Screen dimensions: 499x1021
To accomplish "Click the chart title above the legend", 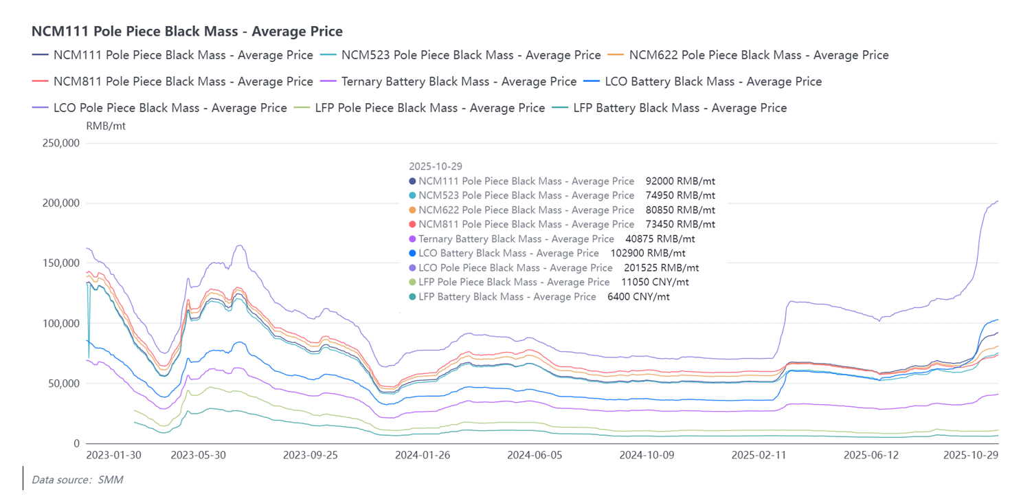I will (x=187, y=32).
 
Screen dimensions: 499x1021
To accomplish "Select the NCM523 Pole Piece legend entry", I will (x=471, y=55).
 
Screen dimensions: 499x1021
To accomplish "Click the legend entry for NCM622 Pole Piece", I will (x=759, y=55).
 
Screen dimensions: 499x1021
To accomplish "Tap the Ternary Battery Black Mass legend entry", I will (x=458, y=82).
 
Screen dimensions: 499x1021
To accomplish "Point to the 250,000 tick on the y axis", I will (x=60, y=144).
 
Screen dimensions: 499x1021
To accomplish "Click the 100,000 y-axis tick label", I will (x=60, y=324).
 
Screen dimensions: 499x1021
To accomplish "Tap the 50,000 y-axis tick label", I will (x=63, y=384).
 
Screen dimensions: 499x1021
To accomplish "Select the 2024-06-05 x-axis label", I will (x=535, y=455).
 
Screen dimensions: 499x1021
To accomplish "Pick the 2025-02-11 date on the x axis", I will (x=759, y=455).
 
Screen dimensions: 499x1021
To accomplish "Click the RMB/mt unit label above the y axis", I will (x=106, y=126).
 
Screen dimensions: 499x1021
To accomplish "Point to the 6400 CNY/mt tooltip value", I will (x=638, y=297).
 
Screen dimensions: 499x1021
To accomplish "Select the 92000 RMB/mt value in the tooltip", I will (x=680, y=181).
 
